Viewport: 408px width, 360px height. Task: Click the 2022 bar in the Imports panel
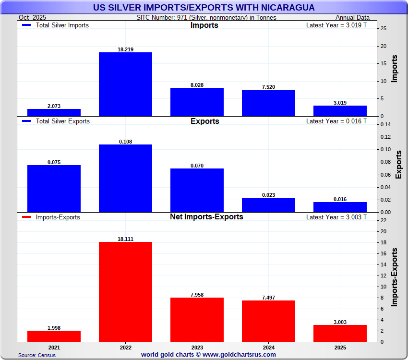(x=125, y=84)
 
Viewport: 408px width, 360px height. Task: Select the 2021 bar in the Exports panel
(x=54, y=188)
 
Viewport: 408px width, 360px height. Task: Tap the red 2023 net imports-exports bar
(x=197, y=320)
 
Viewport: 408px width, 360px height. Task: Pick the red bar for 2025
(x=340, y=333)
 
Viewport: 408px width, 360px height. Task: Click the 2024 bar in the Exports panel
(x=268, y=205)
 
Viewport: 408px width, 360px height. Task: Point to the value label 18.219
(x=125, y=49)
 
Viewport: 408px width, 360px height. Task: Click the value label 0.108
(x=125, y=142)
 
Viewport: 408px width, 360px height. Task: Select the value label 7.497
(x=268, y=298)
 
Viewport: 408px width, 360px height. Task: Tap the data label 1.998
(x=54, y=327)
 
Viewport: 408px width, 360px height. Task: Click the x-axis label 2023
(x=197, y=347)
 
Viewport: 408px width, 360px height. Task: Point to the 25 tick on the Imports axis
(x=383, y=29)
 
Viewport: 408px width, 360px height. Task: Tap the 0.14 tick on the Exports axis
(x=385, y=125)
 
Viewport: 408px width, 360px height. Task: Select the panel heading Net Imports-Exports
(x=206, y=217)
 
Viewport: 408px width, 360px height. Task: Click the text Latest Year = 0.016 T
(x=336, y=121)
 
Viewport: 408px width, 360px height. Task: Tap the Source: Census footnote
(x=37, y=355)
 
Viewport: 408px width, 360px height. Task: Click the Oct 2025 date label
(x=32, y=18)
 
